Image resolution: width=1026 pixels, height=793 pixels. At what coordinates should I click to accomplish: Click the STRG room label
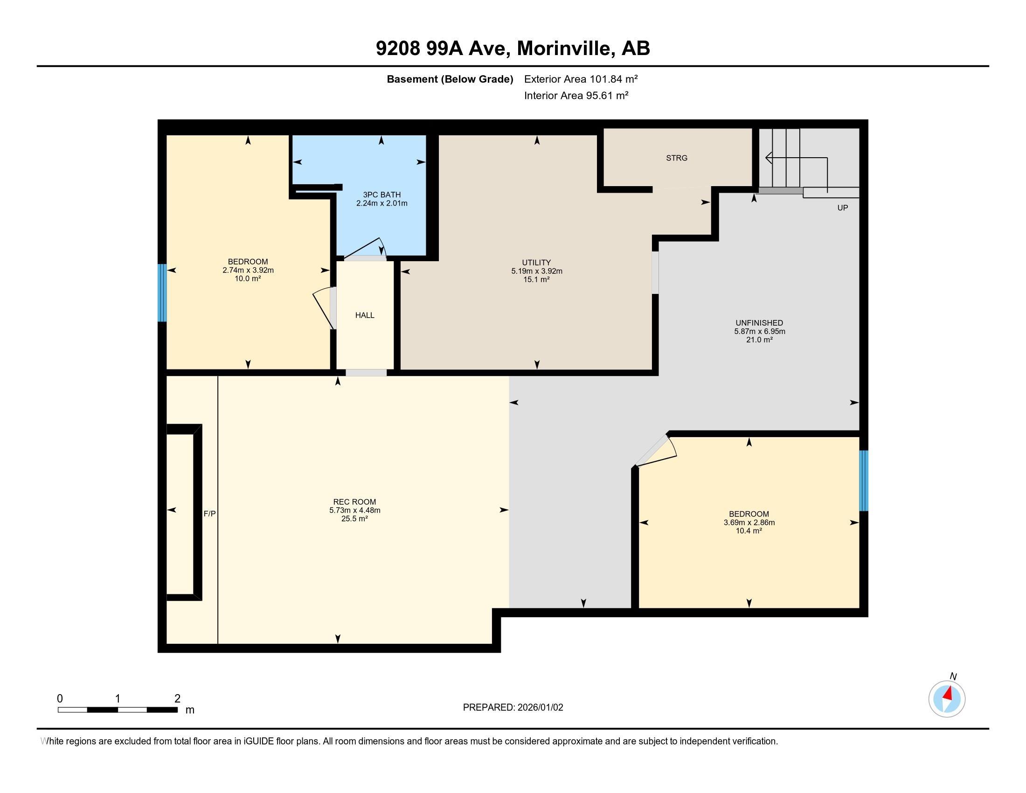(677, 158)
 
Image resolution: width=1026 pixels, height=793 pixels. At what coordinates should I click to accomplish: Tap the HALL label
(365, 315)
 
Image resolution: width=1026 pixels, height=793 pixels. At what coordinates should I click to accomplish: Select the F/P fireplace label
(209, 514)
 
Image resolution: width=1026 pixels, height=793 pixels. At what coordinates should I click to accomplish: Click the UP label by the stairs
(842, 208)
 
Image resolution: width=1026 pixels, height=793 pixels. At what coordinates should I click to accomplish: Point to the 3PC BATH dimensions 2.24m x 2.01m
(381, 203)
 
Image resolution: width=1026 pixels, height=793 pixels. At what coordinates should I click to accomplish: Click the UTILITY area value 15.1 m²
(536, 279)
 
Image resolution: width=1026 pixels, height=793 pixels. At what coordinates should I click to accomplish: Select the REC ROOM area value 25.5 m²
(354, 519)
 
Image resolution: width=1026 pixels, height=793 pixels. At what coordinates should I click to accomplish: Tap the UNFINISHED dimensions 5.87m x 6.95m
(759, 331)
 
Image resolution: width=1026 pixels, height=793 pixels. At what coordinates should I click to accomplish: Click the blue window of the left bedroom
(162, 292)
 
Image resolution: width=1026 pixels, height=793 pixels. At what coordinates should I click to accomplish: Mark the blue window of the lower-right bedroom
(863, 480)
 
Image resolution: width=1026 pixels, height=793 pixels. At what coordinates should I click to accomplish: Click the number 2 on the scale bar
(177, 699)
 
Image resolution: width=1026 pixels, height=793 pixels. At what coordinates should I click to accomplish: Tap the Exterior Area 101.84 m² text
(581, 79)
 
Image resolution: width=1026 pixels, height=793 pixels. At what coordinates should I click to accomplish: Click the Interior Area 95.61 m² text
(576, 95)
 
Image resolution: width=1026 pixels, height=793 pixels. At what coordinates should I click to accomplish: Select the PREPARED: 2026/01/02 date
(513, 708)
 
